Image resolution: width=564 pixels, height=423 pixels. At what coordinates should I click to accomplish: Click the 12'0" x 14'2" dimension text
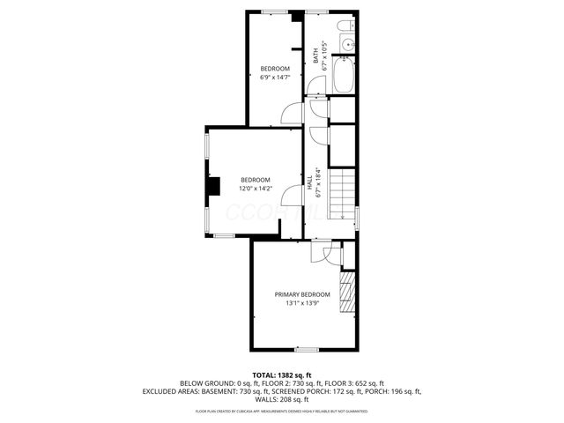click(x=256, y=188)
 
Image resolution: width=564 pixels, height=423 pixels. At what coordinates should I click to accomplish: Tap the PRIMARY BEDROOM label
click(x=302, y=294)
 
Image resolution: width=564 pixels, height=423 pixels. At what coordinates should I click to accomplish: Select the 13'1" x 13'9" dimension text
click(x=302, y=304)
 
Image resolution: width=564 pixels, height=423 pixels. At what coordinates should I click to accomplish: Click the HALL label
click(x=309, y=182)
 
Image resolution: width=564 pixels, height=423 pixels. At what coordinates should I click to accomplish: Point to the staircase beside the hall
click(x=344, y=194)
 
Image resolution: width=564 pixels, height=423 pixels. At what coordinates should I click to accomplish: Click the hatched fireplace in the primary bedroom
click(x=348, y=287)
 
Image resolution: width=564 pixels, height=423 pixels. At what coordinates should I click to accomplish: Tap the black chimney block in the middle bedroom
click(x=212, y=187)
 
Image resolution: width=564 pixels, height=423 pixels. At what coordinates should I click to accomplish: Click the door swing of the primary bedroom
click(x=320, y=254)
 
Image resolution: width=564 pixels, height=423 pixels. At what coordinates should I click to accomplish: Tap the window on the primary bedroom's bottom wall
click(x=307, y=350)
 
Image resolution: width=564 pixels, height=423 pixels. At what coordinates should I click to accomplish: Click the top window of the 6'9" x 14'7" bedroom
click(x=274, y=11)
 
